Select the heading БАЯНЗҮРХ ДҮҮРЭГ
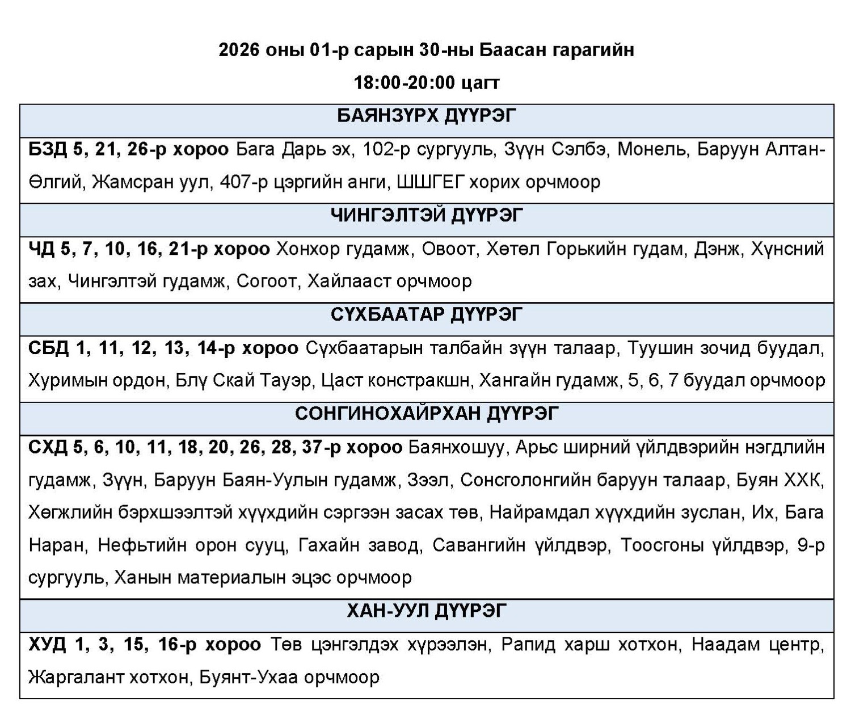pos(427,116)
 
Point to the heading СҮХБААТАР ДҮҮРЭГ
pos(427,314)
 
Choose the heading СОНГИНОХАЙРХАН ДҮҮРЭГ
pos(427,414)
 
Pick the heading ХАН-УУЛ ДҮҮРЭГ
pos(427,612)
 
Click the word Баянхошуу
pos(456,447)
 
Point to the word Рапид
pos(528,645)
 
